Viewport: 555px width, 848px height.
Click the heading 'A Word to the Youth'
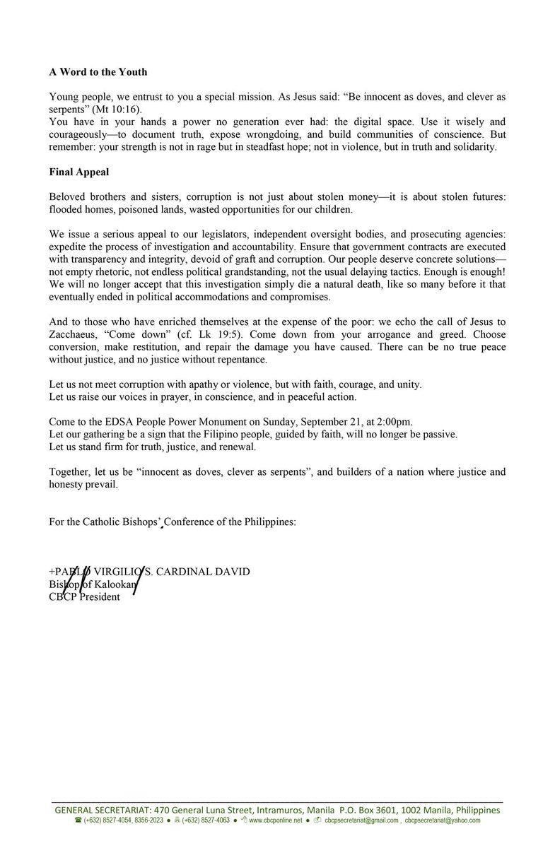[x=98, y=72]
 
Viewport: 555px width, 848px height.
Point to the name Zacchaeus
[x=76, y=336]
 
